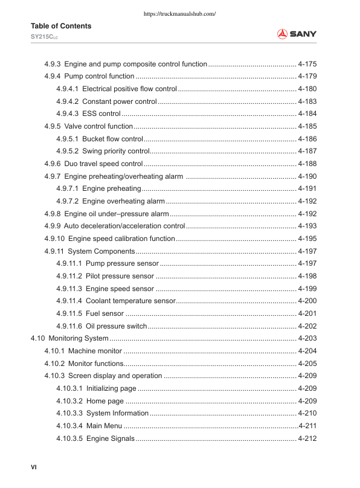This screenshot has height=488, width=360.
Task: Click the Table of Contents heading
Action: tap(61, 26)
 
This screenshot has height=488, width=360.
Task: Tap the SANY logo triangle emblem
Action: tap(283, 34)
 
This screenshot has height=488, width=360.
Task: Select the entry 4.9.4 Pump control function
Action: tap(89, 76)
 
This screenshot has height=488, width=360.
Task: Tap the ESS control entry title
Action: tap(101, 114)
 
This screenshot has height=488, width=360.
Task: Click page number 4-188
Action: tap(307, 164)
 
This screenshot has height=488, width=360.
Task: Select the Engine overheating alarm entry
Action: tap(123, 201)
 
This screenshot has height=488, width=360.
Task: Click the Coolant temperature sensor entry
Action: tap(130, 301)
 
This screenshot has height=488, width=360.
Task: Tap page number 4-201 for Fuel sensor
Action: tap(307, 313)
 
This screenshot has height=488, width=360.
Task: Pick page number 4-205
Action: tap(307, 363)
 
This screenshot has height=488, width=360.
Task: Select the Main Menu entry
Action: tap(104, 426)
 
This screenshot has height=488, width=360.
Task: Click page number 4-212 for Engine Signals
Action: tap(307, 438)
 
